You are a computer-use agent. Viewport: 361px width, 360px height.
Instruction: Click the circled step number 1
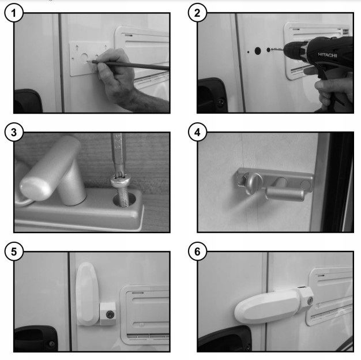click(14, 13)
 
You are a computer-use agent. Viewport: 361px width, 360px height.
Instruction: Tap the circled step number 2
click(197, 13)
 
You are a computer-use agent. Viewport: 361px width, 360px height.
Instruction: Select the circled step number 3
click(14, 132)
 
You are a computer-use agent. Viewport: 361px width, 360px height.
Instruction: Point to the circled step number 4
click(197, 132)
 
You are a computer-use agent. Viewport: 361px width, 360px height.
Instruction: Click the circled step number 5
click(14, 252)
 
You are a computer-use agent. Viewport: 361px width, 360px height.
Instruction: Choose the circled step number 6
click(197, 252)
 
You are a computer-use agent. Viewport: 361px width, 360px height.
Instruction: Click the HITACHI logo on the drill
click(327, 55)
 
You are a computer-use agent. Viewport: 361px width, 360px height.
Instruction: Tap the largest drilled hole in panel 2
click(258, 51)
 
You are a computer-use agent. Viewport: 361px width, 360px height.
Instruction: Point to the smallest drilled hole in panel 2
click(248, 52)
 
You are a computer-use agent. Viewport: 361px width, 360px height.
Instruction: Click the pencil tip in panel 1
click(88, 61)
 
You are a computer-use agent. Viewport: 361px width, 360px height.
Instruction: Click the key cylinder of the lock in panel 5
click(110, 314)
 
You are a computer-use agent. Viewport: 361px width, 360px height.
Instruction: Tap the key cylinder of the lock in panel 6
click(310, 299)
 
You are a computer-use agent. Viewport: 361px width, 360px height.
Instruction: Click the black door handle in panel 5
click(35, 338)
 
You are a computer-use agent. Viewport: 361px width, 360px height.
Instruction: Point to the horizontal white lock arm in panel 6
click(267, 307)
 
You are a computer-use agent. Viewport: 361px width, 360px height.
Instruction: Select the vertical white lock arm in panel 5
click(88, 293)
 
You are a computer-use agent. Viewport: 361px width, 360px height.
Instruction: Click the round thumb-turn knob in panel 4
click(254, 183)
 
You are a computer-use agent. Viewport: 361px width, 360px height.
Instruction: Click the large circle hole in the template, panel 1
click(85, 58)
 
